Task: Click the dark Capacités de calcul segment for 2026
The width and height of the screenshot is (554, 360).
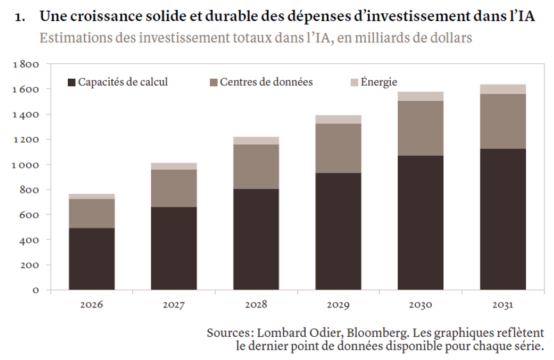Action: tap(92, 259)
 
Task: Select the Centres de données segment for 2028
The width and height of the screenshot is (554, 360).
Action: tap(256, 167)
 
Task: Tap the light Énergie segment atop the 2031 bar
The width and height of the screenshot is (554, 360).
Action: tap(503, 89)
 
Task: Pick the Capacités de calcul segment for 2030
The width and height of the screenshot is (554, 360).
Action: tap(420, 223)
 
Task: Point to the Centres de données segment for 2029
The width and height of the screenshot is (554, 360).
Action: tap(338, 148)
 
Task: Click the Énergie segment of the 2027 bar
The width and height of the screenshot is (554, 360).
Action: tap(174, 166)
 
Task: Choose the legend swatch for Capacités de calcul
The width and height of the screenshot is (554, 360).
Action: tap(72, 83)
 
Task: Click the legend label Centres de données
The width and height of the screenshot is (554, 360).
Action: tap(266, 82)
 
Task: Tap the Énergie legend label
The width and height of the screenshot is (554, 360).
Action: tap(379, 82)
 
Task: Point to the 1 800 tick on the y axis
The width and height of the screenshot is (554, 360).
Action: tap(26, 64)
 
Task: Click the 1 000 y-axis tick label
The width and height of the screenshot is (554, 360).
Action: tap(26, 165)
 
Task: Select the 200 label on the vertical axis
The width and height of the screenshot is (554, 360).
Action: tap(29, 265)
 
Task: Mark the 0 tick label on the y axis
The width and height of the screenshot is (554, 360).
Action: tap(36, 290)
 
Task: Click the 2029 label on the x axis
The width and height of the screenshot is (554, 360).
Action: tap(338, 304)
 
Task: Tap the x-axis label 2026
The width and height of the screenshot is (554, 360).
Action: tap(91, 304)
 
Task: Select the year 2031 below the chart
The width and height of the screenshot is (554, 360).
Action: tap(503, 304)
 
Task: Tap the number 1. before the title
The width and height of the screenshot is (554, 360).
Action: tap(20, 17)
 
